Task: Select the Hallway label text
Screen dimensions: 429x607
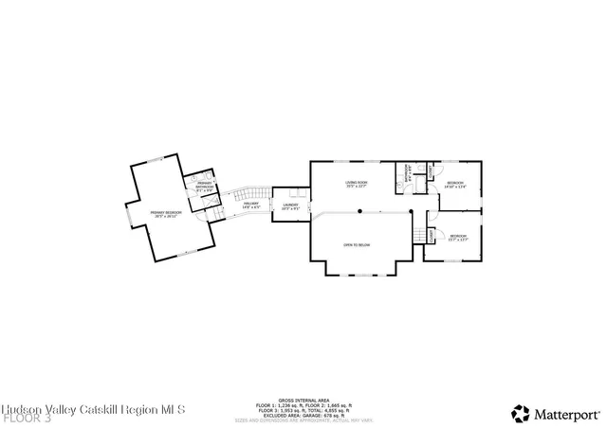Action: pos(251,205)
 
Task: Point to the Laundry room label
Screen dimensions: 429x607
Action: pos(291,206)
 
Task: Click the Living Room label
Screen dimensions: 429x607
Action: pos(357,184)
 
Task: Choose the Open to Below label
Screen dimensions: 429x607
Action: pos(357,245)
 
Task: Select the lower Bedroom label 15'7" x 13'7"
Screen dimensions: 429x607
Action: pos(458,237)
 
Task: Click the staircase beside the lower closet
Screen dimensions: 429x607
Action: pos(418,236)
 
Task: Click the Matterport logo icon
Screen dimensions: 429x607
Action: pos(521,413)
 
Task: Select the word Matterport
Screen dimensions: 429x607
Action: pos(566,414)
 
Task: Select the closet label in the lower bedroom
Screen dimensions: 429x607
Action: pos(432,234)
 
